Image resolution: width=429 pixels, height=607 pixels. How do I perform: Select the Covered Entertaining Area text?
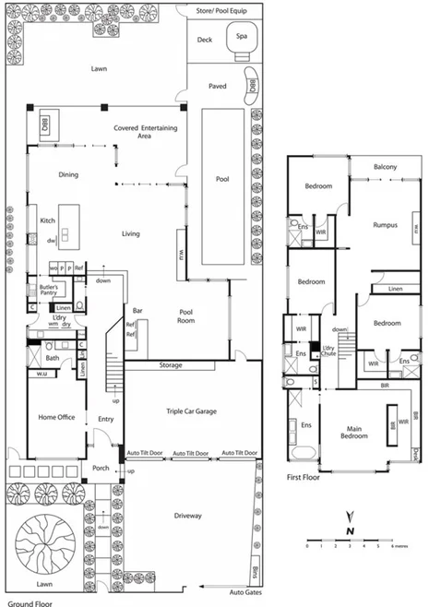click(x=145, y=132)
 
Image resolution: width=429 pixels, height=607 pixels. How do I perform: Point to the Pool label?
click(x=221, y=179)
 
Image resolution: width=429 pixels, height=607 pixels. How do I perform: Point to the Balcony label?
click(x=385, y=167)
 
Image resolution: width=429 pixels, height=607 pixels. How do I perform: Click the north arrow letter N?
click(x=350, y=532)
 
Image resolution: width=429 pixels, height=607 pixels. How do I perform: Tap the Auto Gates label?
click(x=246, y=591)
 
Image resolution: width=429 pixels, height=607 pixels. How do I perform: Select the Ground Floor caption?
click(x=27, y=602)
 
